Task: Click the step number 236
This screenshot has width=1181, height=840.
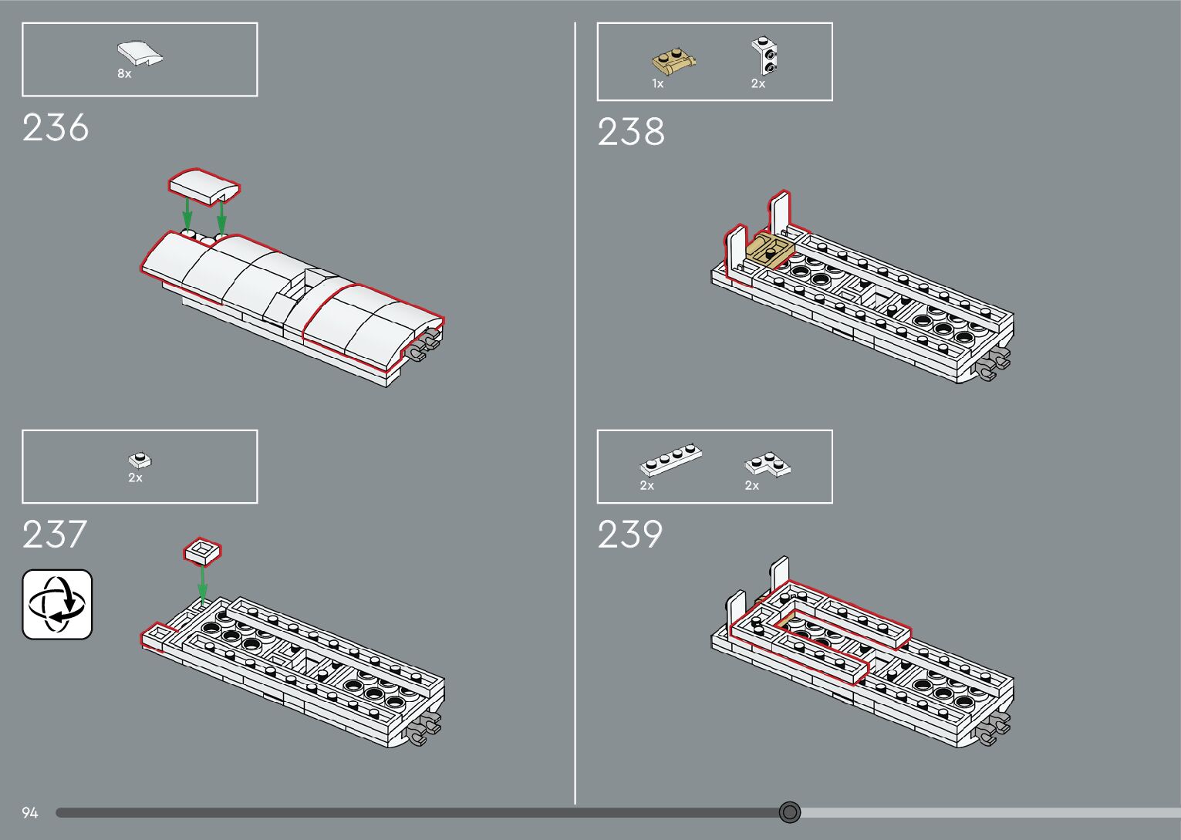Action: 56,128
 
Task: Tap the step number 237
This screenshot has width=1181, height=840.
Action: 55,535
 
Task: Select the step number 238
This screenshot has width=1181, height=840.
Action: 631,132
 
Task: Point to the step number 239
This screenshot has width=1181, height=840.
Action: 630,535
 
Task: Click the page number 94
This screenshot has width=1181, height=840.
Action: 30,813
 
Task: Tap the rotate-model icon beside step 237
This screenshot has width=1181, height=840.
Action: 57,604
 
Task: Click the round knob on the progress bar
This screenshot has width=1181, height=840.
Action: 789,812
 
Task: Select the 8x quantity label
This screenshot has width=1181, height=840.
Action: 124,74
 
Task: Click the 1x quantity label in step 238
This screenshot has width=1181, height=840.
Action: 657,84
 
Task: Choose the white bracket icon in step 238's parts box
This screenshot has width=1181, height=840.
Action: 765,56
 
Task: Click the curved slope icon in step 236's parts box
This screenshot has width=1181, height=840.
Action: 140,54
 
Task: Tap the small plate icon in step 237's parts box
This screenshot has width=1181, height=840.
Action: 140,460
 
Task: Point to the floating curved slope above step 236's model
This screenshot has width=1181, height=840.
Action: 204,187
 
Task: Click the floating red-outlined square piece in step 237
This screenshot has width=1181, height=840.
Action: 202,551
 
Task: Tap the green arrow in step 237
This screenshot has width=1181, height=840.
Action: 202,584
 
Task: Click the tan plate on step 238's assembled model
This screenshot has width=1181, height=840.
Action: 769,251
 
